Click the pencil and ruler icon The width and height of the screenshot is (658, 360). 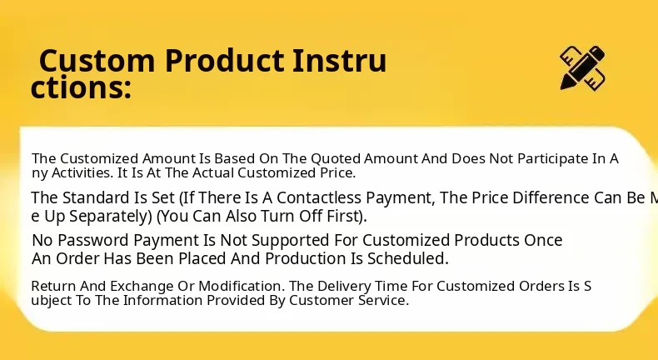pos(582,67)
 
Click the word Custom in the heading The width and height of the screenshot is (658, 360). pos(97,61)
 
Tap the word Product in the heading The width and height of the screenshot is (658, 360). pos(225,61)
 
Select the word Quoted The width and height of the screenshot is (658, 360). pos(336,159)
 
